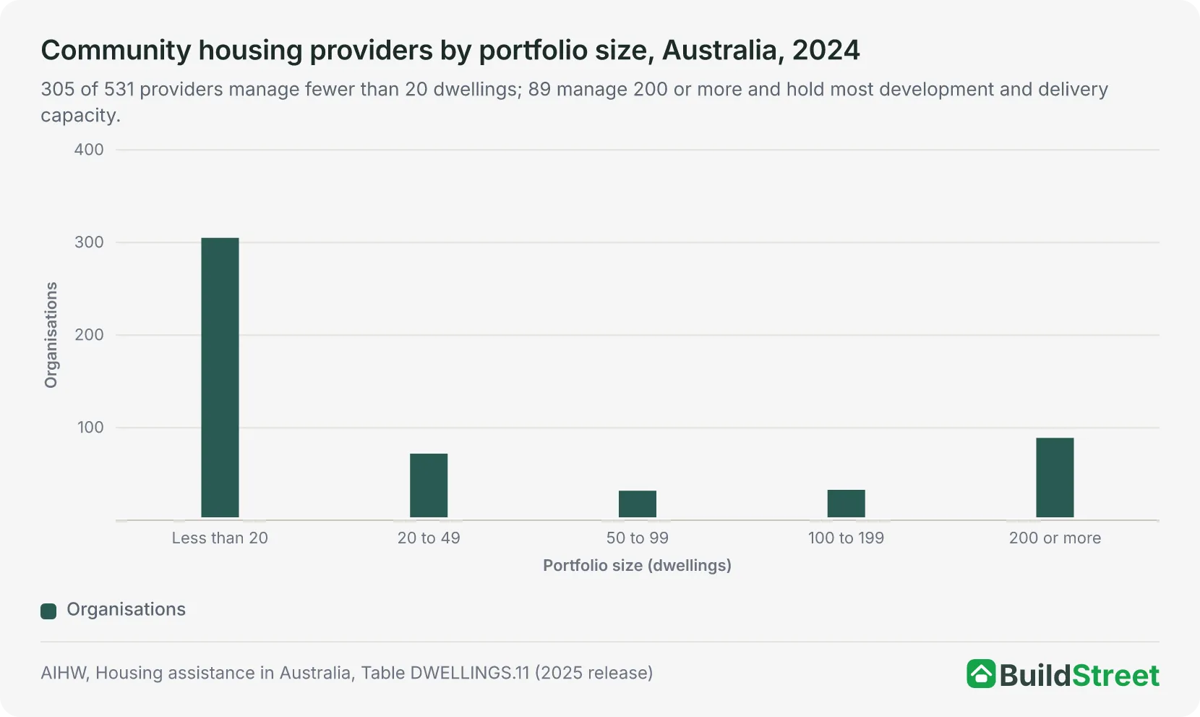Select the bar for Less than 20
click(220, 378)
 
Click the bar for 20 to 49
click(429, 485)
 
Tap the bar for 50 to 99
click(638, 504)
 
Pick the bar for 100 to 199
click(846, 504)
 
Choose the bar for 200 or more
click(1055, 478)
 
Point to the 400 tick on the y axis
click(89, 150)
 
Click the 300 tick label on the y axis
click(89, 242)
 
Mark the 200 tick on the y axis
click(89, 335)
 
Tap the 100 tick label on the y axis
click(90, 428)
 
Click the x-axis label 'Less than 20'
click(220, 538)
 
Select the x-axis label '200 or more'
click(1055, 538)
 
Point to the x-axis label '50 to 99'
click(638, 538)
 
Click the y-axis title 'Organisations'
click(51, 335)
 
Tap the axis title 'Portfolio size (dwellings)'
click(638, 566)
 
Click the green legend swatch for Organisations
click(48, 611)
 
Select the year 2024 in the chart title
click(826, 51)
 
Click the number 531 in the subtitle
click(119, 90)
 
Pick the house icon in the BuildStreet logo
click(981, 674)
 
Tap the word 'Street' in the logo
click(1116, 675)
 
